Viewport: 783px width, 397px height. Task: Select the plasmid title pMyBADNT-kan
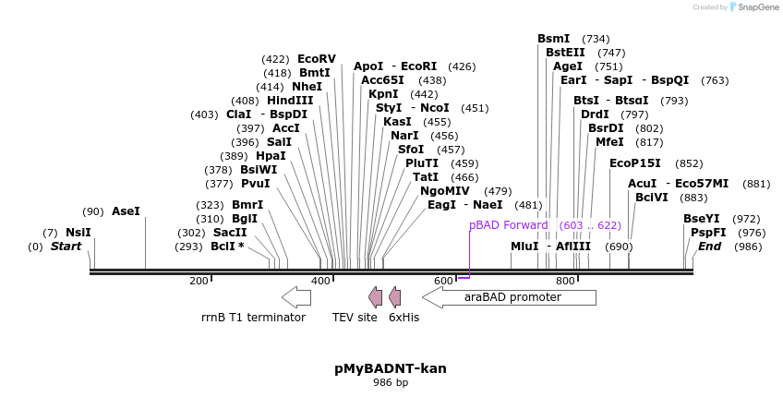[390, 368]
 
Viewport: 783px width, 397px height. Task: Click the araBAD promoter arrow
[510, 297]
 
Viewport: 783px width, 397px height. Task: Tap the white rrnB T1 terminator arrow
[296, 297]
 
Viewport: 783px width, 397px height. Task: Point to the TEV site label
[355, 317]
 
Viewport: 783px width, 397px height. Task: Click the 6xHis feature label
[404, 317]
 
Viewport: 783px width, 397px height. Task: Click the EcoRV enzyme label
[316, 59]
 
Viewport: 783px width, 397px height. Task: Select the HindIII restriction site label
[290, 101]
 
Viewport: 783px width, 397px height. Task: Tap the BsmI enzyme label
[554, 39]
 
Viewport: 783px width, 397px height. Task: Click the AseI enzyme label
[126, 211]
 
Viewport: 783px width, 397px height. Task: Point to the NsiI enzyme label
[78, 233]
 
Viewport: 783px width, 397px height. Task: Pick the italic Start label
[66, 247]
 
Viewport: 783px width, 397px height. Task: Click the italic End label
[709, 247]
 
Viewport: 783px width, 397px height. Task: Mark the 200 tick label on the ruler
[199, 281]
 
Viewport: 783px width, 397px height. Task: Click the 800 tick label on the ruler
[564, 281]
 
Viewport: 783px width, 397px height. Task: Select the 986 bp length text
[390, 382]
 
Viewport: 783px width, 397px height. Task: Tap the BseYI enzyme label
[701, 219]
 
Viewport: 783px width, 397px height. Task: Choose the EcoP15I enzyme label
[635, 163]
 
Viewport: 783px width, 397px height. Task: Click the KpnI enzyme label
[383, 94]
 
